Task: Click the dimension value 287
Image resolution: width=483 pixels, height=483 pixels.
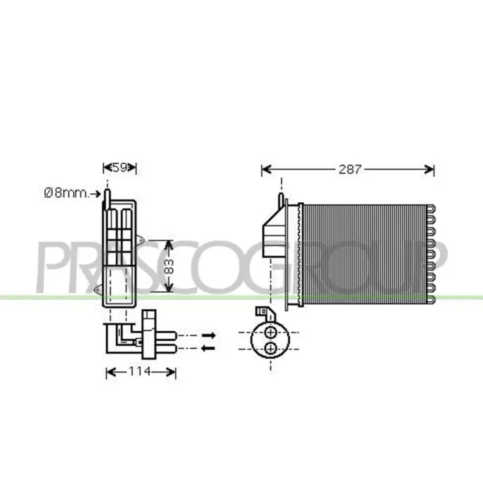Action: pos(350,169)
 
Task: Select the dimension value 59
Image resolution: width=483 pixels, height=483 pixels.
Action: pos(119,168)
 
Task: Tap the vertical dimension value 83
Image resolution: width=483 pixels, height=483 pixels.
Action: pos(169,266)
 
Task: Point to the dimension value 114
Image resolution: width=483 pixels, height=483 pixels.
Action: pos(140,371)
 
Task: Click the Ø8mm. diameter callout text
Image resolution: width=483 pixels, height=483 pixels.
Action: pos(66,193)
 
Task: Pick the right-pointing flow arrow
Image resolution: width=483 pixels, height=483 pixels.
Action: pos(208,335)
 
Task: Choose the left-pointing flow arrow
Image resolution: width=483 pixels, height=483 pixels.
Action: pos(208,348)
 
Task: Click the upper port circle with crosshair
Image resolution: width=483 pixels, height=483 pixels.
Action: pos(270,333)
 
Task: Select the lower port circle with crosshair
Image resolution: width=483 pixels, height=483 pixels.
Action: pos(270,348)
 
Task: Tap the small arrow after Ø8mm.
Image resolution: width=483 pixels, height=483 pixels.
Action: pos(95,194)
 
